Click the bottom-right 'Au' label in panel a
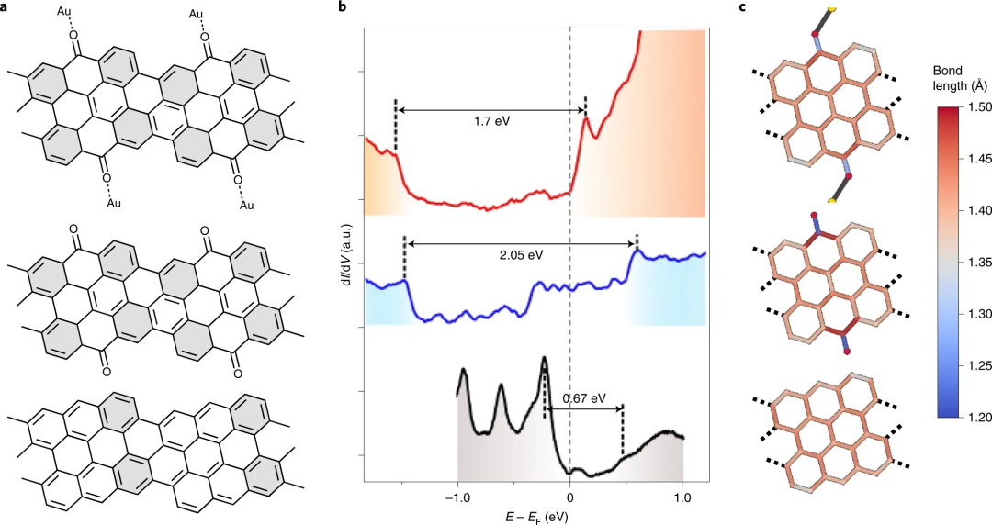point(247,205)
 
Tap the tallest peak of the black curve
point(545,359)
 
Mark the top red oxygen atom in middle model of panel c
point(814,218)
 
